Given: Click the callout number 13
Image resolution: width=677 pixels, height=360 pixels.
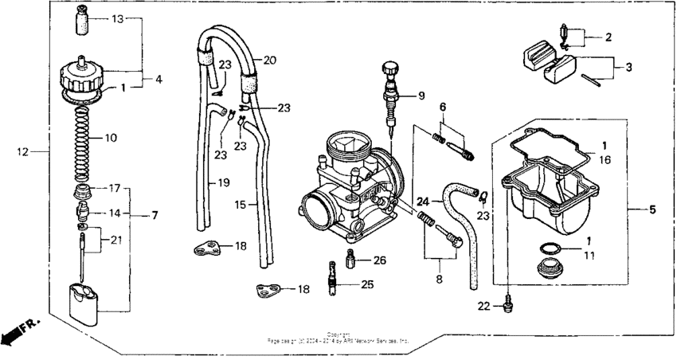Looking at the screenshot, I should click(x=116, y=18).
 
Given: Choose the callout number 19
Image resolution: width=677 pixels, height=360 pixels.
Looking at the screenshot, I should click(x=224, y=182).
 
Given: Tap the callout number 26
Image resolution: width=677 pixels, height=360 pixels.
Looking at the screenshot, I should click(x=379, y=260).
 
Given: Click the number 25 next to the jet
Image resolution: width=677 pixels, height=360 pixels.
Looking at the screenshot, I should click(x=367, y=284).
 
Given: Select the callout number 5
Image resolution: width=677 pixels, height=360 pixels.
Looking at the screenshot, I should click(x=652, y=210).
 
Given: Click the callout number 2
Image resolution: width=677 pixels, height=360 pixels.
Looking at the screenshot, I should click(x=609, y=37).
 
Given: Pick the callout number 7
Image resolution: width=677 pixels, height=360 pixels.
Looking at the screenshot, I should click(x=154, y=215).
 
